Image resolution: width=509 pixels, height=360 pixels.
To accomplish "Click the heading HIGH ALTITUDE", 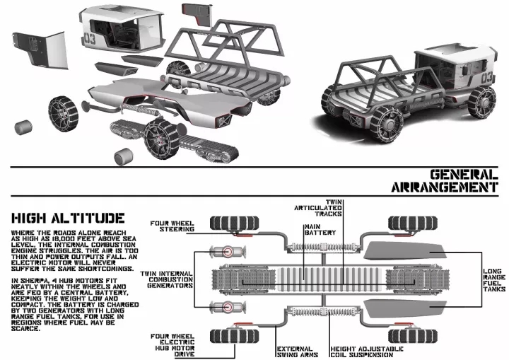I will tap(64, 218).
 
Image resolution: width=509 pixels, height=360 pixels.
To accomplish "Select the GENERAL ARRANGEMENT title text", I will tap(440, 180).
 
